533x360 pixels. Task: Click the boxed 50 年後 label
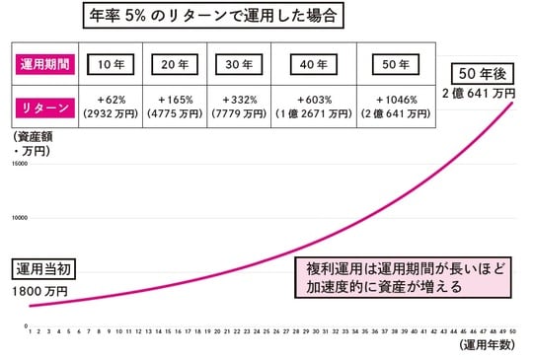[484, 74]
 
